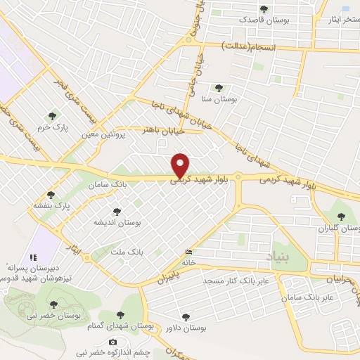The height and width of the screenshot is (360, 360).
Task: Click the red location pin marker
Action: [181, 165]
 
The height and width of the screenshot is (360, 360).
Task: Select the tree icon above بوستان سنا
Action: [219, 88]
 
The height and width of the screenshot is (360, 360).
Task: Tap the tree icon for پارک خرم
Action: [51, 116]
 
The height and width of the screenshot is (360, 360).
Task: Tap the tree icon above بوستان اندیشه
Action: [117, 210]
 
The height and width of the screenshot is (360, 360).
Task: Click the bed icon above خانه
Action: [188, 252]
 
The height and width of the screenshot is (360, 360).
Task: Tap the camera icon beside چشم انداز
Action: [113, 342]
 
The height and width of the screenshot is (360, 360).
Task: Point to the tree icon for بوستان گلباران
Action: [342, 217]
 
